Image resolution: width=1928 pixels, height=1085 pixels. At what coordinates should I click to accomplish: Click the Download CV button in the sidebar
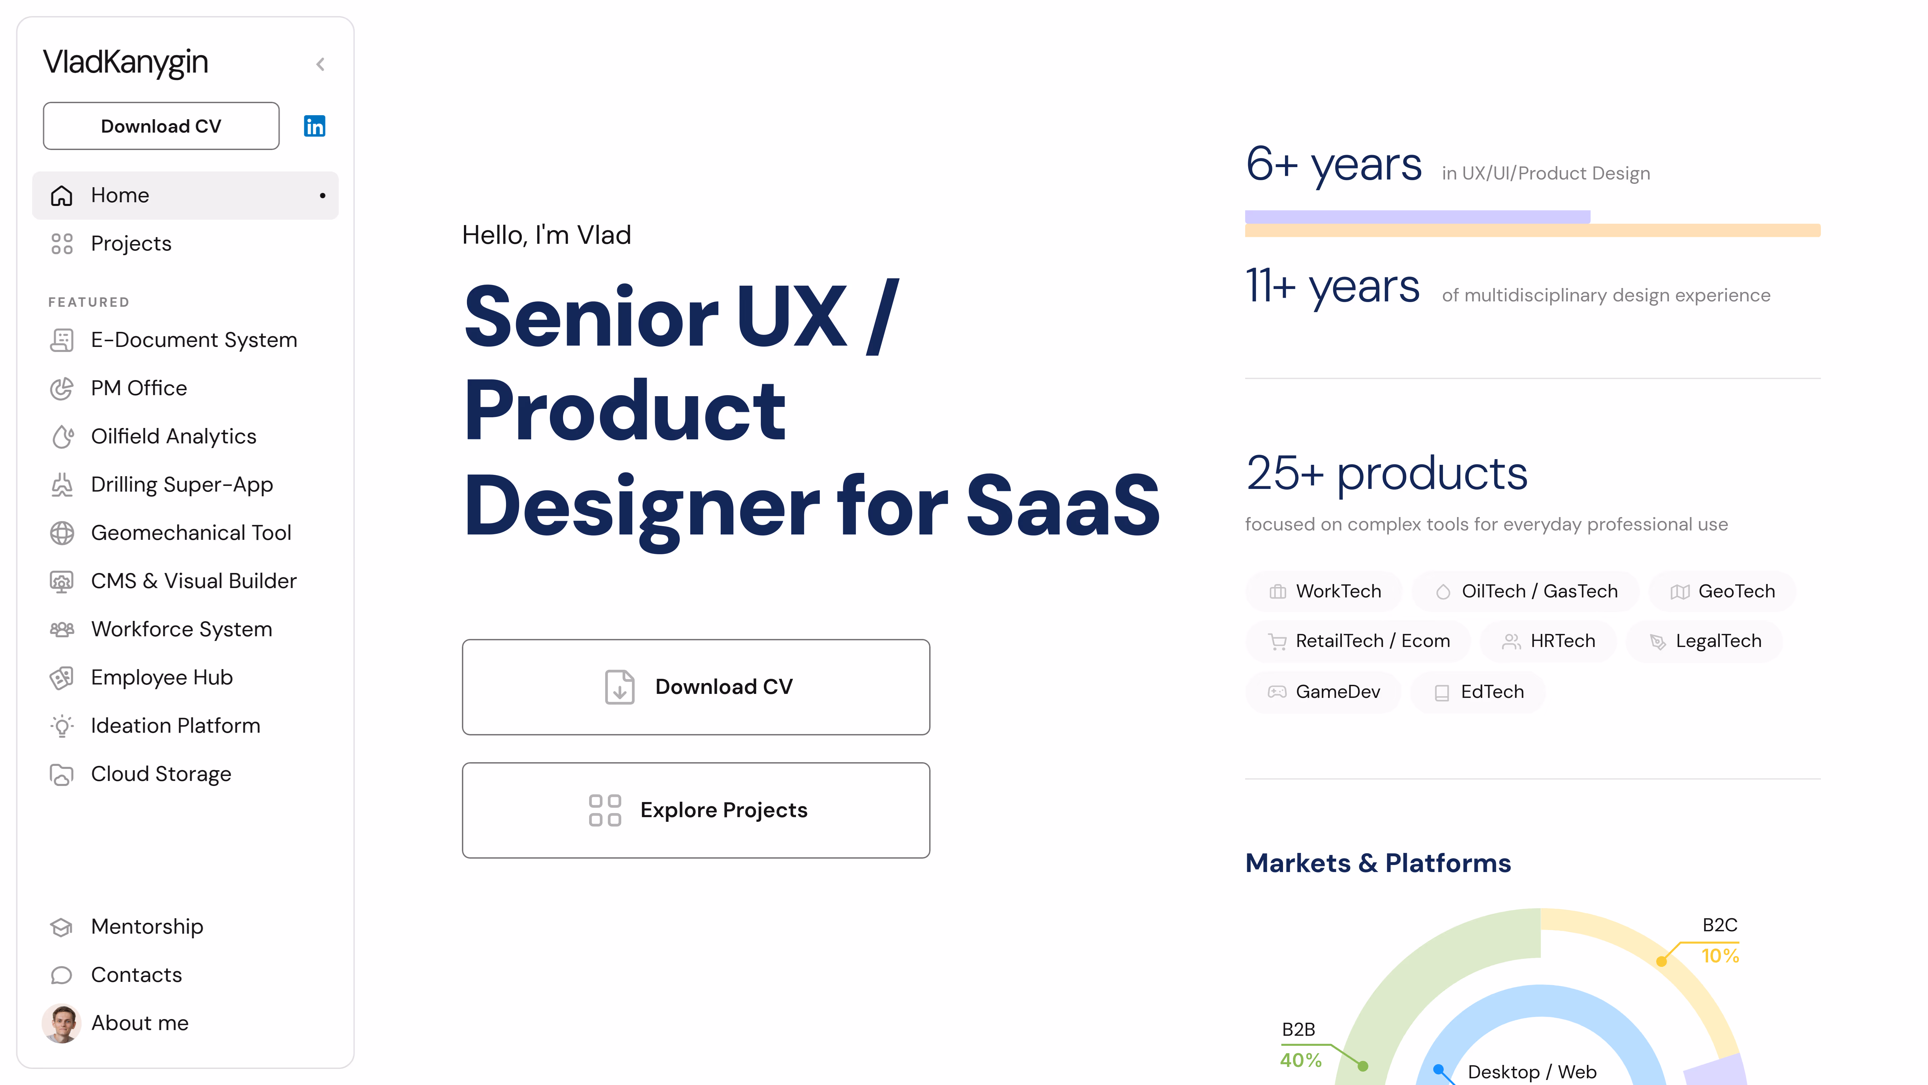(161, 126)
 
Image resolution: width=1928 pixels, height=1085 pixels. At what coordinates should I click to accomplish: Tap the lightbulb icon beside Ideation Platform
(62, 726)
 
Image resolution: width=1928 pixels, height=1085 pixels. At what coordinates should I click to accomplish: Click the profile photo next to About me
(61, 1023)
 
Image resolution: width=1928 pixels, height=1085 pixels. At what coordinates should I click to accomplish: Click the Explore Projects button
(696, 810)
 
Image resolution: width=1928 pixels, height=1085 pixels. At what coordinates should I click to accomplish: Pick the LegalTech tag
(1704, 641)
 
